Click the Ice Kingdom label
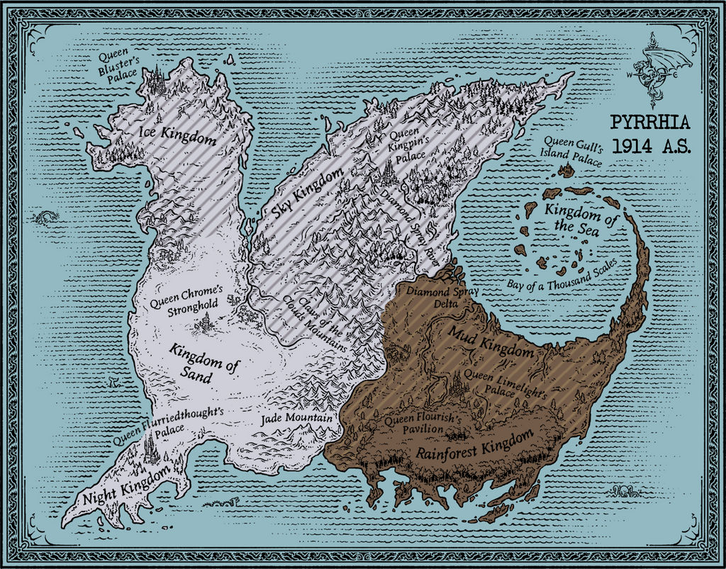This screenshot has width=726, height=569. click(178, 134)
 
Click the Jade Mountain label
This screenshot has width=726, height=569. click(296, 419)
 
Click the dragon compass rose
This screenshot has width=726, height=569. click(656, 69)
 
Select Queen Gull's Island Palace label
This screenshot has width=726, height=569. click(571, 152)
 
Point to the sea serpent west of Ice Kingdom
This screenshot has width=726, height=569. click(44, 217)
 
